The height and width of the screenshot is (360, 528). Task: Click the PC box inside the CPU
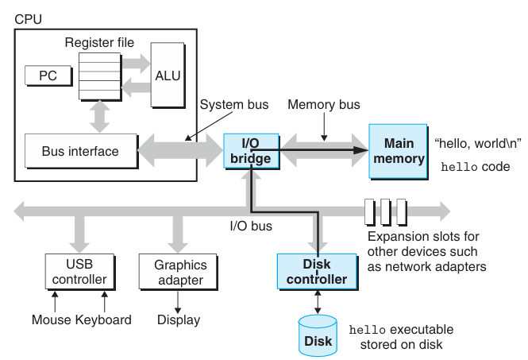click(x=48, y=75)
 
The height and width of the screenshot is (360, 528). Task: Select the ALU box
click(x=168, y=75)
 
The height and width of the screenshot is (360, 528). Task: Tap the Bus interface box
click(x=81, y=151)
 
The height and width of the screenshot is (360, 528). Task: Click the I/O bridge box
click(x=251, y=151)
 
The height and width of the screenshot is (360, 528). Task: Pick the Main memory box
click(x=399, y=151)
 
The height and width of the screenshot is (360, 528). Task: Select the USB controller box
click(x=80, y=272)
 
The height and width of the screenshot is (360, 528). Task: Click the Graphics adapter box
click(x=179, y=272)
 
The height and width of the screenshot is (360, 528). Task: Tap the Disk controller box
click(x=318, y=272)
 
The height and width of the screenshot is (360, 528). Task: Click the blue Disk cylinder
click(x=318, y=335)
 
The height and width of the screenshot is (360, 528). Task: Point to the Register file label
click(x=99, y=42)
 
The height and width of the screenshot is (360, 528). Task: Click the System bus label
click(x=234, y=104)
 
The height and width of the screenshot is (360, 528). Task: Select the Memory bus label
click(x=324, y=104)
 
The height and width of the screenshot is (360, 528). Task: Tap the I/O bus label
click(x=251, y=226)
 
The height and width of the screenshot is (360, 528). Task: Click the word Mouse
click(x=52, y=319)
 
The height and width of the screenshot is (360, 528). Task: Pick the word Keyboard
click(x=103, y=320)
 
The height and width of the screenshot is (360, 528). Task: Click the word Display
click(x=179, y=320)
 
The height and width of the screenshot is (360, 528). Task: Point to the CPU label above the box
click(x=29, y=19)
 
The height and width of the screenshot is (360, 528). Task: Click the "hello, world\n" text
click(x=478, y=143)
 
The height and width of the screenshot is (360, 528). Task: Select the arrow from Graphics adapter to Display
click(x=178, y=302)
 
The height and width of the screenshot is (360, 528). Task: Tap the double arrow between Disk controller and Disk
click(x=318, y=302)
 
